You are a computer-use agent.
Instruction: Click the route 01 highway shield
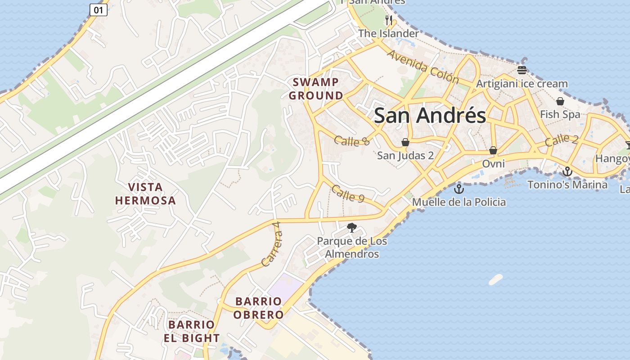(x=99, y=9)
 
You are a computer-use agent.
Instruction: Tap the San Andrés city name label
(x=430, y=116)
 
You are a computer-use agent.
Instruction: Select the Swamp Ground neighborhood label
(x=316, y=89)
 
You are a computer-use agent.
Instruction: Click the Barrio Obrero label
(x=259, y=308)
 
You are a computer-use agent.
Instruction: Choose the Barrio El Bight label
(x=192, y=331)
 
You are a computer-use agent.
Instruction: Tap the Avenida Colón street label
(x=423, y=67)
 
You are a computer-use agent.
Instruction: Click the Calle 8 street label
(x=352, y=141)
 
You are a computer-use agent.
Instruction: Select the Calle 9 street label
(x=347, y=193)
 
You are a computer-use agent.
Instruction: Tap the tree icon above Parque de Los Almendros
(x=352, y=228)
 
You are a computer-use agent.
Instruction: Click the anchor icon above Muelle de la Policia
(x=459, y=189)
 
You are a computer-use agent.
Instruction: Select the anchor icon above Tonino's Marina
(x=567, y=171)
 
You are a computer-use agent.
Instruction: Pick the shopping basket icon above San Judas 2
(x=405, y=142)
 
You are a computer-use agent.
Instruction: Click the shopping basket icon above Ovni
(x=493, y=150)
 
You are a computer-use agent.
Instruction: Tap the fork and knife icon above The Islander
(x=389, y=20)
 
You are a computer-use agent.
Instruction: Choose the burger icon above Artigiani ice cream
(x=522, y=70)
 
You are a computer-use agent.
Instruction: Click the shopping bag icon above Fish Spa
(x=560, y=101)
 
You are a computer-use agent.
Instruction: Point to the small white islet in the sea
(x=495, y=279)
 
